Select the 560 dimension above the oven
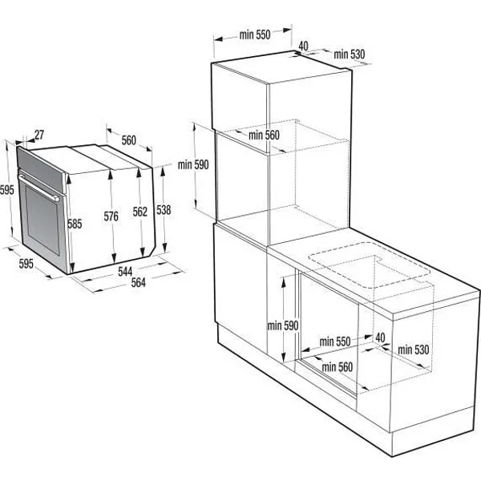128,140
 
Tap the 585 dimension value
75,224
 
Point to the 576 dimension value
111,215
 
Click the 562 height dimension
139,212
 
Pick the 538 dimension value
164,211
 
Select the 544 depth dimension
125,272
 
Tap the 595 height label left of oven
7,190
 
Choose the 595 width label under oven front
26,264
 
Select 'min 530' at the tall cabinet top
349,54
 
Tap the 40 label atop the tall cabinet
304,46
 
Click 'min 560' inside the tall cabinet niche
264,135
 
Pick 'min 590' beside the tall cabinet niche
193,165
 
